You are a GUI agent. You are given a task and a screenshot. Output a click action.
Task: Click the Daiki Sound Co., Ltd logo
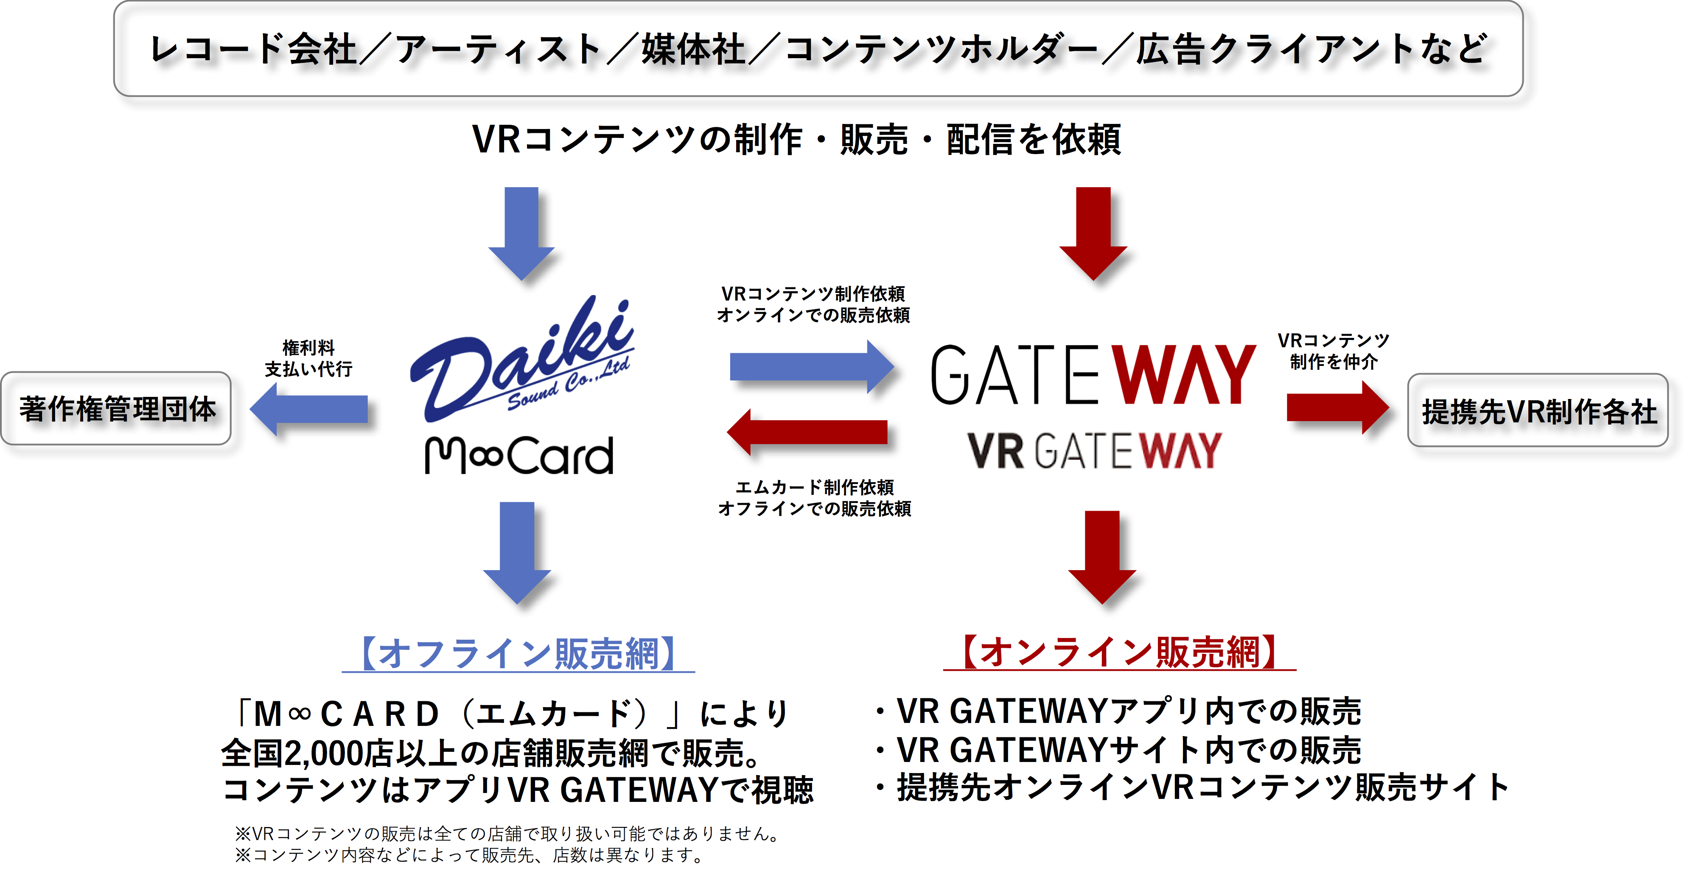pyautogui.click(x=521, y=360)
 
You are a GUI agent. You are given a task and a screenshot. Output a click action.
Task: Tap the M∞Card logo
pyautogui.click(x=519, y=455)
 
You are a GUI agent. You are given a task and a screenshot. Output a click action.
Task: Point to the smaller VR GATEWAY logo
pyautogui.click(x=1094, y=450)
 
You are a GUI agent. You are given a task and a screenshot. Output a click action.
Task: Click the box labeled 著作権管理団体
pyautogui.click(x=116, y=409)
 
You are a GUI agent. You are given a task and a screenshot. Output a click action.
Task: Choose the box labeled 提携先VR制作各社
pyautogui.click(x=1538, y=411)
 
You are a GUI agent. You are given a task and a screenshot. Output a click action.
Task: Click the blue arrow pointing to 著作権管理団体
pyautogui.click(x=309, y=409)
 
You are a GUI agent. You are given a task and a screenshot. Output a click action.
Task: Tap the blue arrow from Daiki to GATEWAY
pyautogui.click(x=812, y=366)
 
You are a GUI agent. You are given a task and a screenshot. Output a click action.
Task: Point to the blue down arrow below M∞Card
pyautogui.click(x=517, y=553)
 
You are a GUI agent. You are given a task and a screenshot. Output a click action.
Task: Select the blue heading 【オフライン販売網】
pyautogui.click(x=518, y=654)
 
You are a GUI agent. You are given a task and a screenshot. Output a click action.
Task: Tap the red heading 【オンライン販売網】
pyautogui.click(x=1119, y=652)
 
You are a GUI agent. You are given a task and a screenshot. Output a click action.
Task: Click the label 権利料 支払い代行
pyautogui.click(x=308, y=358)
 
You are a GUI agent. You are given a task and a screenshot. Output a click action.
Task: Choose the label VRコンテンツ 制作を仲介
pyautogui.click(x=1334, y=351)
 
